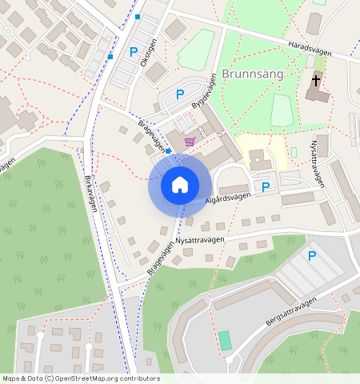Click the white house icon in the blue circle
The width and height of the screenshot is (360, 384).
click(x=180, y=185)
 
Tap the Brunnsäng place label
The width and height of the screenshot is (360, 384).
click(x=253, y=74)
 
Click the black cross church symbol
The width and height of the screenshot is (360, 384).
click(x=316, y=81)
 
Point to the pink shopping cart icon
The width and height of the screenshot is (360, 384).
click(x=190, y=141)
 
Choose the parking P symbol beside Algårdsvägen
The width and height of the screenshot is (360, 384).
click(x=266, y=187)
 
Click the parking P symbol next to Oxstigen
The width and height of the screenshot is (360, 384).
click(x=134, y=52)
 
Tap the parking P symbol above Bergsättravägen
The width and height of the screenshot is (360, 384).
click(x=312, y=256)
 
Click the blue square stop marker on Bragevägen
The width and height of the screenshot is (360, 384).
click(x=168, y=150)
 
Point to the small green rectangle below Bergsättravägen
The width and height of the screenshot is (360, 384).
click(x=225, y=340)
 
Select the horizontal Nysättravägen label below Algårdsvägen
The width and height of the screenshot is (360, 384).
click(x=201, y=238)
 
